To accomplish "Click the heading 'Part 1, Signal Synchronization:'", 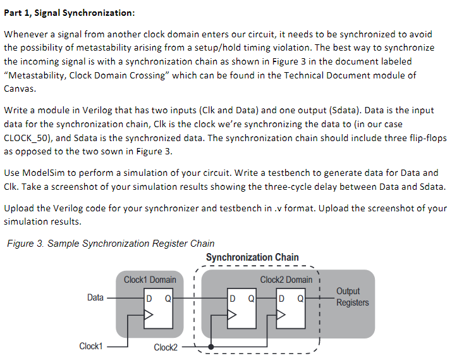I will (x=70, y=14).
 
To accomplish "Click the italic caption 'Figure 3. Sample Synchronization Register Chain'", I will (x=109, y=244).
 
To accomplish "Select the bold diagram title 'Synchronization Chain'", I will (x=252, y=257).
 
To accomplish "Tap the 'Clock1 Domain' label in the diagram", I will (x=150, y=280).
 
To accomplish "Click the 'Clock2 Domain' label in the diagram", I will (x=286, y=280).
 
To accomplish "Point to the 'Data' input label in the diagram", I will (x=95, y=297).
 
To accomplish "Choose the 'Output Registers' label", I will (x=352, y=297).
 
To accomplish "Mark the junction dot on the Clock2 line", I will (x=211, y=347).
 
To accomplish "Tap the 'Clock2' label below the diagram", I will (x=166, y=347).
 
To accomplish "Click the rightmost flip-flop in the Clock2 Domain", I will (x=291, y=307).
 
